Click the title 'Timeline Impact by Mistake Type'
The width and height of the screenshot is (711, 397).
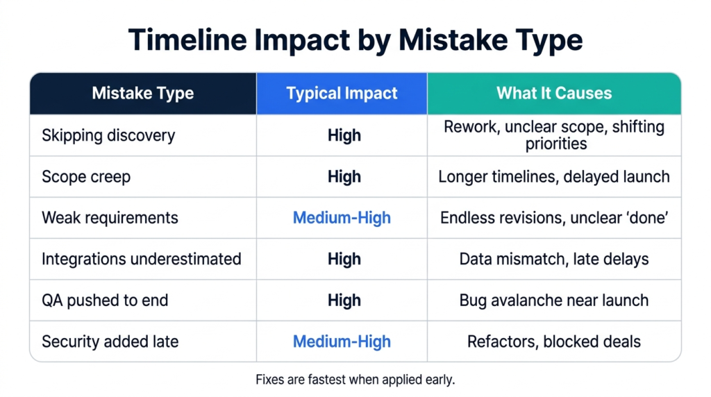[x=355, y=40]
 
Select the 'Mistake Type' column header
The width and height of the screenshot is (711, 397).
[x=143, y=94]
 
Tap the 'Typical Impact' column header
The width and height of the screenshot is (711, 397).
[x=342, y=94]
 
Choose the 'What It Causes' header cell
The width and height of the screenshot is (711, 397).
[x=554, y=94]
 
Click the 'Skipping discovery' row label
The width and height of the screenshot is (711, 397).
[x=108, y=135]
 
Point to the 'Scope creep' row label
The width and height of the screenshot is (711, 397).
[x=86, y=177]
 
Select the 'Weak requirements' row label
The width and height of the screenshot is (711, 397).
[x=110, y=218]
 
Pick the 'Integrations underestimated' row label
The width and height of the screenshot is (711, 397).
[x=142, y=259]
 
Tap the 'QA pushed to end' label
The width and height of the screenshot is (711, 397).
[x=105, y=301]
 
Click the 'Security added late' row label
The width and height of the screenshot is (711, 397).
[x=110, y=341]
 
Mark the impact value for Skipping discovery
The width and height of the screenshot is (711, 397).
[x=344, y=135]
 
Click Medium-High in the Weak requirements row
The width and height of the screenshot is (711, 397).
[x=342, y=218]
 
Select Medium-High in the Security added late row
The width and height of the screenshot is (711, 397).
[x=342, y=341]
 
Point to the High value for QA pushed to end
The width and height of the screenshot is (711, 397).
[x=344, y=301]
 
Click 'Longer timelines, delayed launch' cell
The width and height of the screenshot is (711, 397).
[x=554, y=177]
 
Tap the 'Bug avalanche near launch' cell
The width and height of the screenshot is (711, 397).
[x=554, y=301]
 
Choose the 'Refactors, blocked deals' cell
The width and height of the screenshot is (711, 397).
[x=554, y=341]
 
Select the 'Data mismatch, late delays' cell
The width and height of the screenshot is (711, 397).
[x=554, y=259]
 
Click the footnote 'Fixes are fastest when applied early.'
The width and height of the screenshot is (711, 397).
[x=355, y=380]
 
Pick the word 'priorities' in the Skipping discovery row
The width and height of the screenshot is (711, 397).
[x=556, y=144]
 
